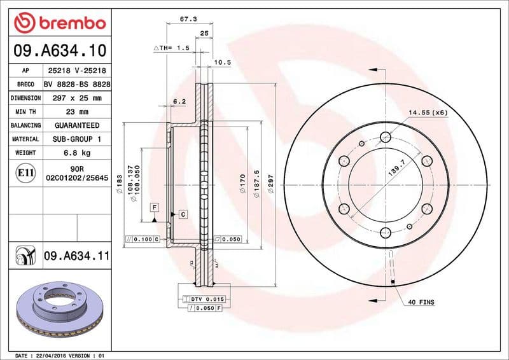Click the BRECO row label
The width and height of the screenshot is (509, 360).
(25, 85)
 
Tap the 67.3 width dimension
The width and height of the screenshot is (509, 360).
(188, 19)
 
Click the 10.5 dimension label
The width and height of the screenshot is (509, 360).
(222, 62)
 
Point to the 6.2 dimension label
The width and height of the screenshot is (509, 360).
(179, 101)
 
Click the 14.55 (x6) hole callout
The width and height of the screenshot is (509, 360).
(428, 113)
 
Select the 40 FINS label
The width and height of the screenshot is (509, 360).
(421, 302)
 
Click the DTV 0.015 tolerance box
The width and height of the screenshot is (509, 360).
(205, 299)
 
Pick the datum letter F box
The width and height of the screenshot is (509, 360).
(154, 207)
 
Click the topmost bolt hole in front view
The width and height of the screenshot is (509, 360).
(385, 137)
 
